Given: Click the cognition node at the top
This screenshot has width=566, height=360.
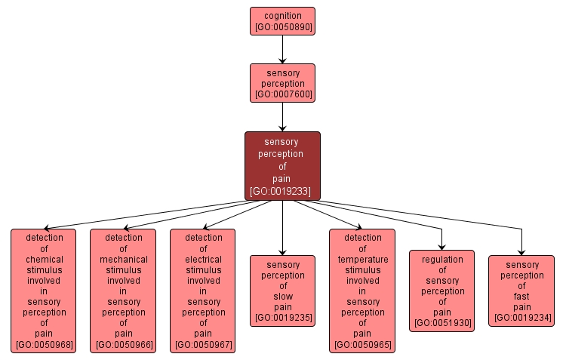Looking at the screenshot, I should click(x=282, y=21).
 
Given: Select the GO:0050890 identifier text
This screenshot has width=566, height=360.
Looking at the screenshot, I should click(x=282, y=27).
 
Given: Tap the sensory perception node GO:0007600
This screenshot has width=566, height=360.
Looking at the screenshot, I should click(x=282, y=83).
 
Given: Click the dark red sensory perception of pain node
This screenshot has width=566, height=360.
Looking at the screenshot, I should click(x=282, y=166).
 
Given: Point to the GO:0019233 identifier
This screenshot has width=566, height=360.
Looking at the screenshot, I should click(x=282, y=192).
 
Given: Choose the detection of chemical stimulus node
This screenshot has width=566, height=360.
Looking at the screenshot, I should click(x=44, y=291).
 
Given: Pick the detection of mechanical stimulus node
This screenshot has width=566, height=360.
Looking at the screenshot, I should click(x=123, y=291).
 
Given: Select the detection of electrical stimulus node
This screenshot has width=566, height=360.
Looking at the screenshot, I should click(x=202, y=291).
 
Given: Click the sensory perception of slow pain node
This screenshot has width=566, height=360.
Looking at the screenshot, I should click(x=282, y=291).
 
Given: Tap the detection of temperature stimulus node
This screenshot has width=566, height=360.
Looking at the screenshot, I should click(x=361, y=291).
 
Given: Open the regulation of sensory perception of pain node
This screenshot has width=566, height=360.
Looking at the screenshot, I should click(x=441, y=291).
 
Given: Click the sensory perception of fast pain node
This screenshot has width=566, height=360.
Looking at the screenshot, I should click(x=521, y=291).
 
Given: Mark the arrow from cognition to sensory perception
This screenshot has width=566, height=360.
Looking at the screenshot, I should click(x=282, y=49).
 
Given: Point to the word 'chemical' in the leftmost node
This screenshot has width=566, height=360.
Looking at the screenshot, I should click(x=44, y=259).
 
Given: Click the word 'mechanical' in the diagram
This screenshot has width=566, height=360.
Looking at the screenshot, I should click(x=123, y=259).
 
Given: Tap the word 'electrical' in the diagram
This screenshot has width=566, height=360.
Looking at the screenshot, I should click(x=202, y=259).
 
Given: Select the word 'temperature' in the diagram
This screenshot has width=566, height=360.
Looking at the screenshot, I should click(x=361, y=259).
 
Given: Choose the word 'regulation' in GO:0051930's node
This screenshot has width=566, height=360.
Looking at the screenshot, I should click(x=441, y=259).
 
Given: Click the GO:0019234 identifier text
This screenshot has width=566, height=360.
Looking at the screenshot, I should click(x=521, y=318).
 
